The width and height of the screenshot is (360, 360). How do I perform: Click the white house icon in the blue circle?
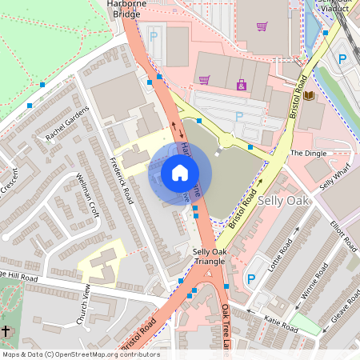[180, 173]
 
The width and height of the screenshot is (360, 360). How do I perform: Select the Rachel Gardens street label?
[66, 124]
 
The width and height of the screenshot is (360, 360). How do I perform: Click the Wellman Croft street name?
[87, 196]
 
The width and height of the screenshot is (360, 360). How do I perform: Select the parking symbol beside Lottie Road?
[251, 278]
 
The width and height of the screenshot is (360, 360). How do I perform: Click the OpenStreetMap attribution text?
[81, 354]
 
